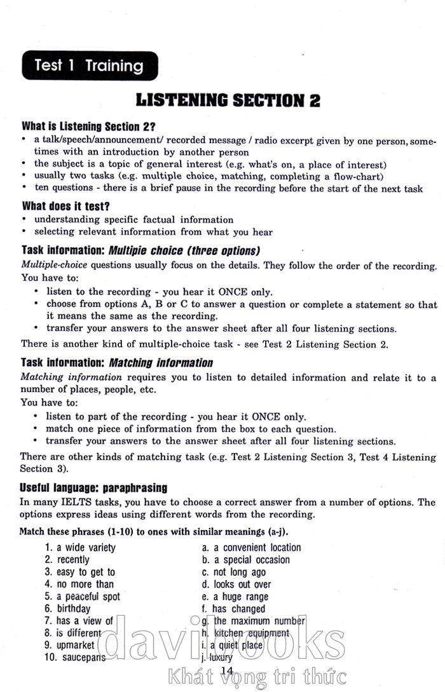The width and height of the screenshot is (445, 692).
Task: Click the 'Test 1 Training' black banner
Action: pyautogui.click(x=90, y=65)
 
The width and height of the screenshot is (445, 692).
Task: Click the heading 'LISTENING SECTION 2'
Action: pyautogui.click(x=228, y=100)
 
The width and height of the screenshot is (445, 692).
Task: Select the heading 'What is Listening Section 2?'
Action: pyautogui.click(x=88, y=126)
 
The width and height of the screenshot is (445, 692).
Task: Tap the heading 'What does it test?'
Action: pyautogui.click(x=65, y=206)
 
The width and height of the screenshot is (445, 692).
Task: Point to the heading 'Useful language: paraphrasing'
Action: pyautogui.click(x=93, y=488)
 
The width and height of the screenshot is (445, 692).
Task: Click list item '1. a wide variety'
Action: pyautogui.click(x=80, y=547)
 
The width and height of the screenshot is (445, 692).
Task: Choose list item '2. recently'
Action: pyautogui.click(x=67, y=560)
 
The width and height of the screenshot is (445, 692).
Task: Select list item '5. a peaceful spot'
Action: pyautogui.click(x=82, y=597)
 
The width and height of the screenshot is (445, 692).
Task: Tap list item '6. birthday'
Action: pyautogui.click(x=67, y=609)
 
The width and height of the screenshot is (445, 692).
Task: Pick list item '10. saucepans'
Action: pyautogui.click(x=75, y=658)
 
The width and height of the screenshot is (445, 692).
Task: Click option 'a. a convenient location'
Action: pyautogui.click(x=251, y=547)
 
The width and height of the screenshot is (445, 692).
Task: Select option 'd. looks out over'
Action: pyautogui.click(x=236, y=585)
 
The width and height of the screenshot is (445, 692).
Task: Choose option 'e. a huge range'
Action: pyautogui.click(x=235, y=597)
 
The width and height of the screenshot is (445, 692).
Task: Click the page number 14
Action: pyautogui.click(x=227, y=671)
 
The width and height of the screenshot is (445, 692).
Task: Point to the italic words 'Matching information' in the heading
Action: pyautogui.click(x=161, y=363)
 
